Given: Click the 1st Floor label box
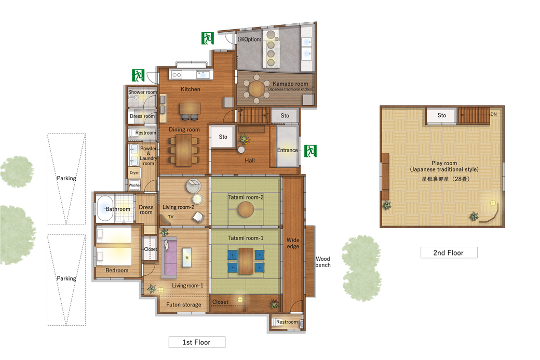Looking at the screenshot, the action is [197, 342].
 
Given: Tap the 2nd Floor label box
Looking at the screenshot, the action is [449, 252].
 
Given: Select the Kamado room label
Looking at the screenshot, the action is [290, 84].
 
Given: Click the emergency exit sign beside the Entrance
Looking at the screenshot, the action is [310, 151].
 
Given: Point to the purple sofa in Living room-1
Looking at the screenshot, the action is [169, 258].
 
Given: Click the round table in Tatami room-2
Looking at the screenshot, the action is [246, 209].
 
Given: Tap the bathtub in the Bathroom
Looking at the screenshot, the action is [105, 209].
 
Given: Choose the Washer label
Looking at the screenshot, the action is [134, 185].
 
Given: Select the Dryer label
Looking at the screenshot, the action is [134, 172].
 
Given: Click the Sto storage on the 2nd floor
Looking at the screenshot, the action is [442, 115].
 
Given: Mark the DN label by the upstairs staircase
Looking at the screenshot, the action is [493, 114].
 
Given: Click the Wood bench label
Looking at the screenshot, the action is [322, 262].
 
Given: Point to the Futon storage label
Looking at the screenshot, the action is [184, 304].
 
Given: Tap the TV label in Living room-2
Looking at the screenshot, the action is [171, 217].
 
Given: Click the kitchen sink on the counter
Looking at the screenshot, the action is [203, 74].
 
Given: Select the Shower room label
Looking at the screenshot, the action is [143, 92].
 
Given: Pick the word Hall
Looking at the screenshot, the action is [250, 161].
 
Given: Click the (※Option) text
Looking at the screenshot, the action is [250, 39].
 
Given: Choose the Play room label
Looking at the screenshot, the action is [444, 163].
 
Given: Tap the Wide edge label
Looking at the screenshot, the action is [293, 243].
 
